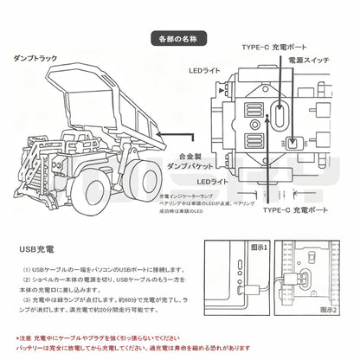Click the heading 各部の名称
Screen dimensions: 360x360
point(179,39)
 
